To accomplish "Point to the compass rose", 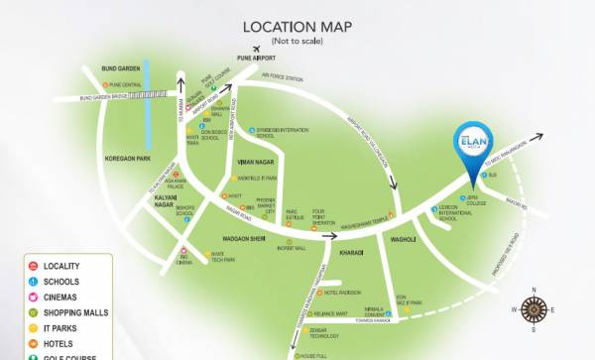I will pyautogui.click(x=535, y=308).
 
